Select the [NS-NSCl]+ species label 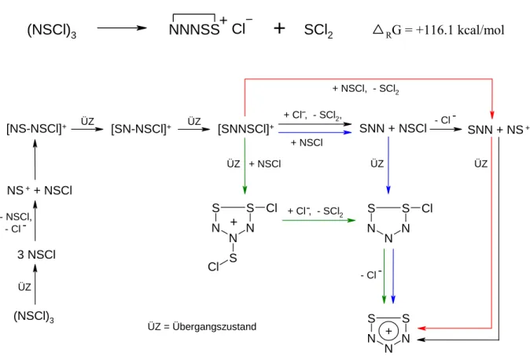(x=36, y=129)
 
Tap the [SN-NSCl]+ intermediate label (x=142, y=129)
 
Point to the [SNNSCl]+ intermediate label (x=246, y=129)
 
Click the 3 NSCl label (x=36, y=255)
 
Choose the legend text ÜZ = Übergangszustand (x=202, y=326)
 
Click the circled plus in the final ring (x=388, y=331)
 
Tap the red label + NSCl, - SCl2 (x=366, y=89)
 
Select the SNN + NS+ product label (x=499, y=130)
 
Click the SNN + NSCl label (x=393, y=128)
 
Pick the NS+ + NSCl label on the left (x=39, y=190)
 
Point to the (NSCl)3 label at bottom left (x=34, y=317)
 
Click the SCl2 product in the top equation (x=318, y=31)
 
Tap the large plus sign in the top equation (x=279, y=28)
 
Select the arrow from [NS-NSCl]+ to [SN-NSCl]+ (x=87, y=129)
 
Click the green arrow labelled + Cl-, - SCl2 (x=318, y=220)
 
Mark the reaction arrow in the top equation (x=122, y=28)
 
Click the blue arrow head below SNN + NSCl (x=388, y=190)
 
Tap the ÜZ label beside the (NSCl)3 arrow (x=24, y=287)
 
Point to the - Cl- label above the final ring (x=371, y=274)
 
